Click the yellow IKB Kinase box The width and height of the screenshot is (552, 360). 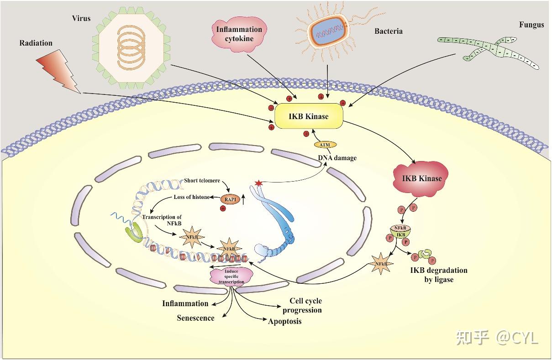coord(309,116)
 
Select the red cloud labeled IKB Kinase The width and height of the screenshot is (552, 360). coord(420,179)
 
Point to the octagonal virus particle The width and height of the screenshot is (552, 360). coord(131,47)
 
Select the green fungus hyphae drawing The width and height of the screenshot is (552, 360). coord(488,52)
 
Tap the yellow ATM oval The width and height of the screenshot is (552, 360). coord(325,145)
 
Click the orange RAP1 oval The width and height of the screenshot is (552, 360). coord(230,199)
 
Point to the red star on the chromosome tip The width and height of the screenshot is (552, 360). coord(258,183)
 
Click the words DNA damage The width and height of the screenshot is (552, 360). coord(337,158)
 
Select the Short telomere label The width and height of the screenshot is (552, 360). coord(202,181)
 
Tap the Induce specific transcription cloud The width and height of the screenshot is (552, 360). coord(231,277)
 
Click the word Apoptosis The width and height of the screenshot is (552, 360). coord(284,322)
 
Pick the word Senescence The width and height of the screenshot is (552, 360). coord(195,318)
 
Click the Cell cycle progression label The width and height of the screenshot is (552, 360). coord(302,305)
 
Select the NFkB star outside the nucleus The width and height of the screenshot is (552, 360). coord(381,263)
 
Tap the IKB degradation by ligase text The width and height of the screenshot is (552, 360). coord(439,275)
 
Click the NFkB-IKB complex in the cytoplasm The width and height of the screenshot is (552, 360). coord(400,232)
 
